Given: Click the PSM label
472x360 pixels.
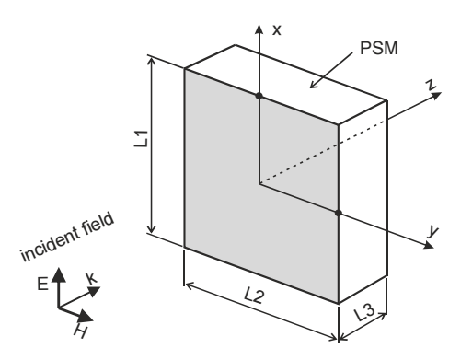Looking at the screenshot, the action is click(379, 48).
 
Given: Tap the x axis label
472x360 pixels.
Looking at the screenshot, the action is click(277, 30).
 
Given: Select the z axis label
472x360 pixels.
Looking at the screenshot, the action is click(432, 85).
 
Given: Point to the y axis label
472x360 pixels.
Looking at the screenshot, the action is click(433, 231).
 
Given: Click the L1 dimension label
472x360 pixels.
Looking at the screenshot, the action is click(142, 139).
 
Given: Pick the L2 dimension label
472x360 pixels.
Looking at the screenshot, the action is click(254, 296).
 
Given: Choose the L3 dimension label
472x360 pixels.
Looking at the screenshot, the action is click(364, 312).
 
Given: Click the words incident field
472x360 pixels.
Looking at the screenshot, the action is click(67, 237).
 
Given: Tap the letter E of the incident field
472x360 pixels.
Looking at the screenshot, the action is click(42, 284).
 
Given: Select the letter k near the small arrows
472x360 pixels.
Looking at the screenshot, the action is click(91, 279).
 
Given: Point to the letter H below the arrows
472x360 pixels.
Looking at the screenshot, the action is click(80, 331).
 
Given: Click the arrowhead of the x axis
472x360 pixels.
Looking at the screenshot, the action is click(259, 29).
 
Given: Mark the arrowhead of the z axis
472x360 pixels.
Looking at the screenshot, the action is click(436, 95).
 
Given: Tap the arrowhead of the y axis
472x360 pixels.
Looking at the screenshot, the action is click(429, 245).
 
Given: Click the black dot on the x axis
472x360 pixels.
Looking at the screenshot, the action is click(259, 96).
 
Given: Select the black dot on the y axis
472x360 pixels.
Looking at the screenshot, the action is click(339, 213).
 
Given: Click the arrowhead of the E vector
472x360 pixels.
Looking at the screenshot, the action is click(59, 274).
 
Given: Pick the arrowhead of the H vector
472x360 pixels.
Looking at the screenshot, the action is click(86, 316).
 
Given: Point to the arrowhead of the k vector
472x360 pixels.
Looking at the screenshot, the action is click(94, 291).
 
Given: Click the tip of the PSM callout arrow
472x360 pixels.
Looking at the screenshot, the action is click(310, 87).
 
